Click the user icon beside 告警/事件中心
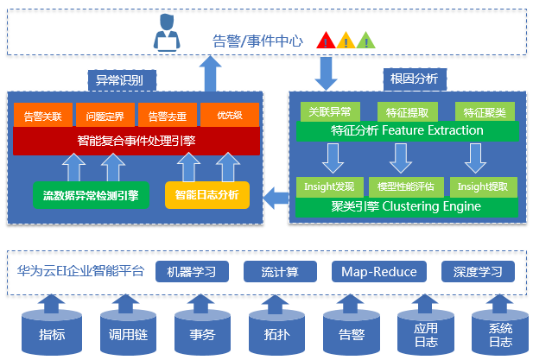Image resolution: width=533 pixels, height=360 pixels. [167, 33]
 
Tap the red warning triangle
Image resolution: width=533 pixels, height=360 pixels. [326, 41]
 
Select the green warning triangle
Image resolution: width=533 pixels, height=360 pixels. [366, 41]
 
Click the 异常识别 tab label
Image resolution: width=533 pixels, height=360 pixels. [122, 80]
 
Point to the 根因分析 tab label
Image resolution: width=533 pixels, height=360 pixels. [415, 79]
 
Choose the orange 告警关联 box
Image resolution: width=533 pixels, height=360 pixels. [43, 115]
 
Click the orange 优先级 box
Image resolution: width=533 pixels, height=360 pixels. [230, 115]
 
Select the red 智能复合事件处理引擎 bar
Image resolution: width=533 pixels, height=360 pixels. [136, 141]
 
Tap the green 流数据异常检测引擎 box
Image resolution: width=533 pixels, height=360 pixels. [91, 195]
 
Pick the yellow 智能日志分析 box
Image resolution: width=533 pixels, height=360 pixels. [207, 195]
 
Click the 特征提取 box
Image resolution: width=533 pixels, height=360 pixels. [408, 112]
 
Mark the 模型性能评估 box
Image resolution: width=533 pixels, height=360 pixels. [406, 186]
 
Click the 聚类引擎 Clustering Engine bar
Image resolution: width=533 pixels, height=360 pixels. [407, 207]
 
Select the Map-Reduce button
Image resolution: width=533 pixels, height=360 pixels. [379, 272]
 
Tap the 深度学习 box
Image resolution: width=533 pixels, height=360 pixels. [478, 272]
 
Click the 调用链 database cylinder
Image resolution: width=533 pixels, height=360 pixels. [128, 333]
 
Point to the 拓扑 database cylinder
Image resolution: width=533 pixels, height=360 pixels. [276, 333]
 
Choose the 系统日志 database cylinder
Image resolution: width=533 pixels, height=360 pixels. [500, 333]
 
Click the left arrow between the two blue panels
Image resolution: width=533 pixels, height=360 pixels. [276, 198]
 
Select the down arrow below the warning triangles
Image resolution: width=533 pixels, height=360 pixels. [326, 73]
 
